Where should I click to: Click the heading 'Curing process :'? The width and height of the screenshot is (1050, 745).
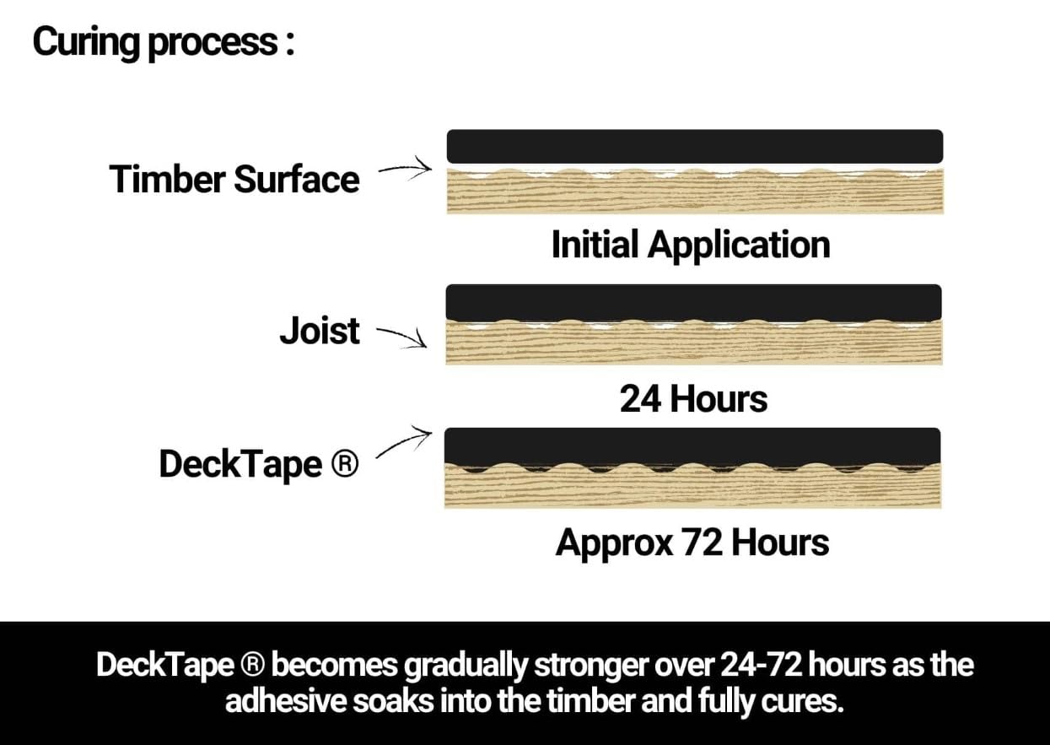coord(164,43)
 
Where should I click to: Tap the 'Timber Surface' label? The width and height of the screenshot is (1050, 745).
coord(234,179)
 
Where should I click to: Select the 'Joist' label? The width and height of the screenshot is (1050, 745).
coord(320,331)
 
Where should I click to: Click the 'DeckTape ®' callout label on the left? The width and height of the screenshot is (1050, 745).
coord(259,464)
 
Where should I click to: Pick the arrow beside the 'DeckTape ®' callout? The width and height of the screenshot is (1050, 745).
coord(404,441)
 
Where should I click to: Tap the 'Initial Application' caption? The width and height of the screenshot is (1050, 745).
coord(691,246)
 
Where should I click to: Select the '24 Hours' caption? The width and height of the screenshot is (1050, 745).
coord(693,399)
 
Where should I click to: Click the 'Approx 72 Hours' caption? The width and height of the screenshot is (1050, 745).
coord(692,543)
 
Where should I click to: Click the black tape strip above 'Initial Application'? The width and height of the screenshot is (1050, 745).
coord(695,147)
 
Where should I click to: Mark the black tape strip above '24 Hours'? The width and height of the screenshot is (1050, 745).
coord(694,303)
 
